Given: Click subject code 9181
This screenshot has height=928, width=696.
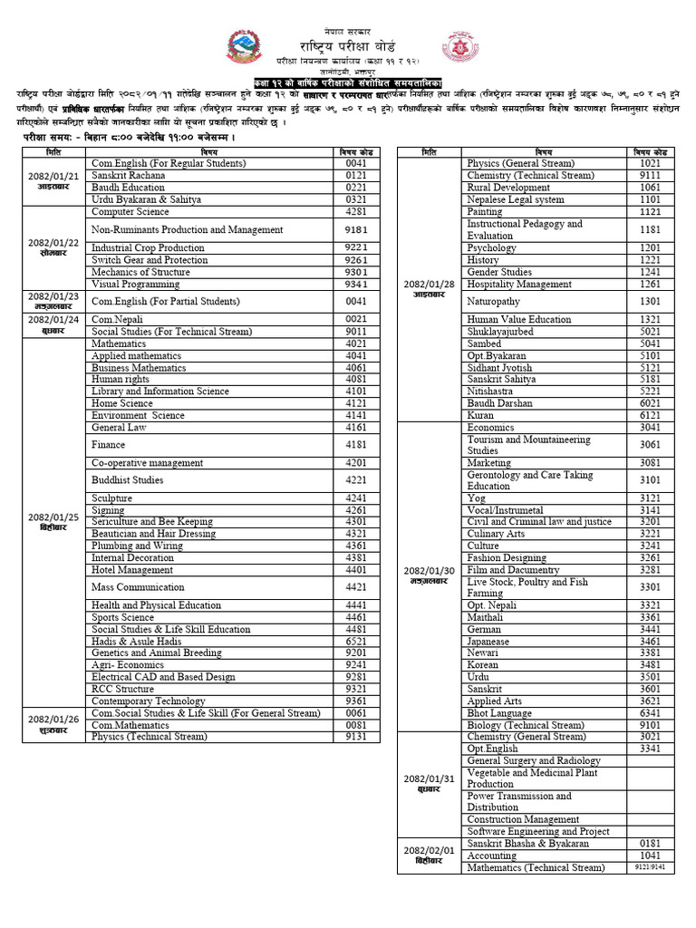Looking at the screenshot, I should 355,230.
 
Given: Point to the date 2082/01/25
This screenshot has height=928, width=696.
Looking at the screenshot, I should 53,517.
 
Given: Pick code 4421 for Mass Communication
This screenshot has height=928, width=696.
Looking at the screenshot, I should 355,587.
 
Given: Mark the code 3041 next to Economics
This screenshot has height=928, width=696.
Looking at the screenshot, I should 650,427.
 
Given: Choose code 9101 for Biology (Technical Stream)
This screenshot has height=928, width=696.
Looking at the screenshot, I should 650,725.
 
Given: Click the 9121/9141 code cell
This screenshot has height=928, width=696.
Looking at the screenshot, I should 650,867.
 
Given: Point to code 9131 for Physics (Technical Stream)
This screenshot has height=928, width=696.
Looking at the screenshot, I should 355,737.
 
